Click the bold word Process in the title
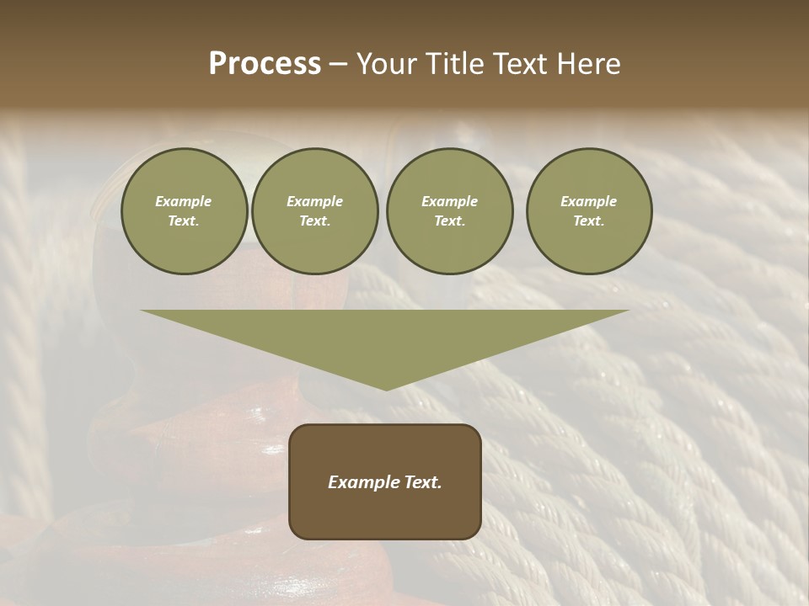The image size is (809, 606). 265,64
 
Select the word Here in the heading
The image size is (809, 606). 589,64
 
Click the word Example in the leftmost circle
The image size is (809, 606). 184,201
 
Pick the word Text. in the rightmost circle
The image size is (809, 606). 589,221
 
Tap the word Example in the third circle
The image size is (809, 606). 450,201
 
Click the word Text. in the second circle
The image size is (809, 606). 315,221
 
